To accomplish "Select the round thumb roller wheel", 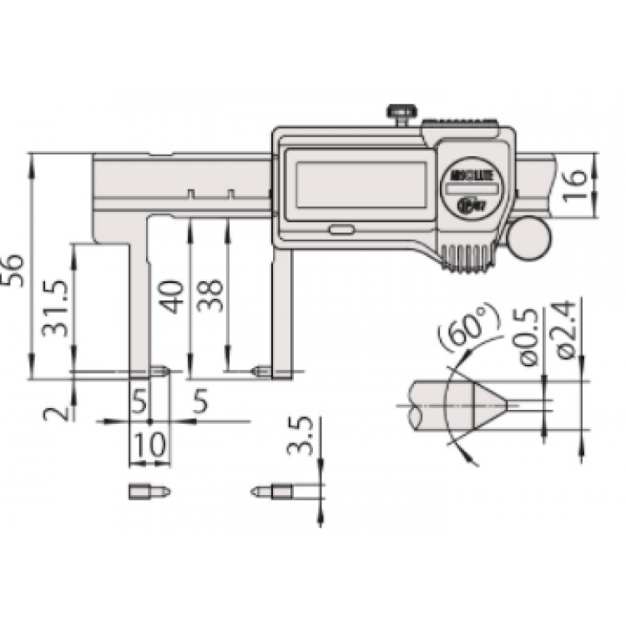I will click(x=532, y=238).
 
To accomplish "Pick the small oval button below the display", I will click(x=340, y=229).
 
